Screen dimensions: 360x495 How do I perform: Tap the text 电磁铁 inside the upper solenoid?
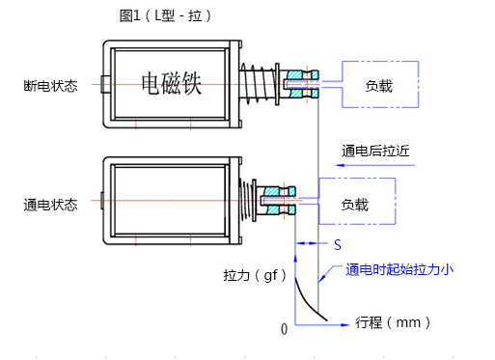click(170, 85)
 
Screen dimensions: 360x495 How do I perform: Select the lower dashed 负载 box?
click(355, 205)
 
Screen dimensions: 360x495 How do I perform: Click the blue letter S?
click(338, 245)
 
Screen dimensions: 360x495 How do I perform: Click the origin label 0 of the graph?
click(284, 329)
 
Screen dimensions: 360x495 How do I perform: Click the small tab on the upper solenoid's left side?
click(102, 81)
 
